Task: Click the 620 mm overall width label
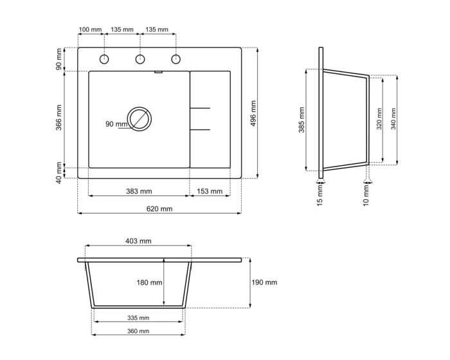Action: coord(159,209)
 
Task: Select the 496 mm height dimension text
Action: coord(253,113)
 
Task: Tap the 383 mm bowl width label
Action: coord(139,191)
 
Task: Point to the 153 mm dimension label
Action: coord(210,191)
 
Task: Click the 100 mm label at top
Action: coord(90,30)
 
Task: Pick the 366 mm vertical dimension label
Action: coord(59,118)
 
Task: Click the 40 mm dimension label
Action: coord(59,173)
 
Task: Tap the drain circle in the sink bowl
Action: coord(139,119)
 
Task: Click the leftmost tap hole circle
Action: coord(104,59)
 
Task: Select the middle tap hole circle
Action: coord(139,59)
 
